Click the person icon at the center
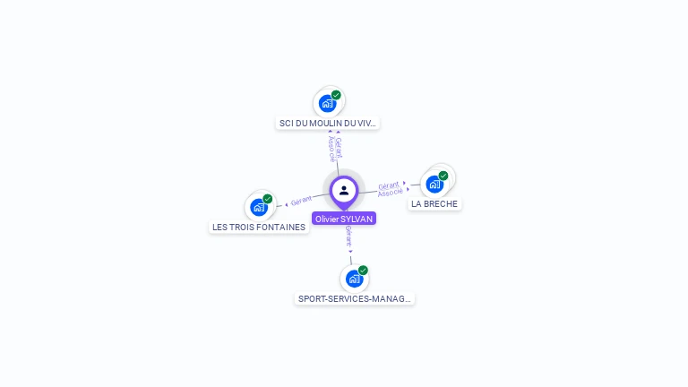(344, 190)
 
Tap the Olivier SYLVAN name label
(344, 219)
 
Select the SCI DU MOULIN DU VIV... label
(328, 124)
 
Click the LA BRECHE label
(434, 204)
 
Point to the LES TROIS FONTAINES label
(259, 228)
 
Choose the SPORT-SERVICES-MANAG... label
(355, 298)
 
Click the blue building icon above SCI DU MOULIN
(327, 103)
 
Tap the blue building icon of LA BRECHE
(434, 185)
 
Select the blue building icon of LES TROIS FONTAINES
(258, 207)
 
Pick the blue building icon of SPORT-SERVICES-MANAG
(354, 279)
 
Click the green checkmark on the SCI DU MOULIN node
(336, 95)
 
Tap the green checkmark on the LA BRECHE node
(443, 176)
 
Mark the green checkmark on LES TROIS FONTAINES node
(267, 199)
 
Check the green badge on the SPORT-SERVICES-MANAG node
(363, 271)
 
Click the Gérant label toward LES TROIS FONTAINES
(301, 201)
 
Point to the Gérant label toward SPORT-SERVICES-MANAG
(348, 236)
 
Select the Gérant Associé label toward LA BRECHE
(389, 189)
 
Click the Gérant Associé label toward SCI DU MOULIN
(334, 149)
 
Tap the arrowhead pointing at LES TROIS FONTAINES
(286, 204)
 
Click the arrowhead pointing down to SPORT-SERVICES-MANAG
(350, 252)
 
